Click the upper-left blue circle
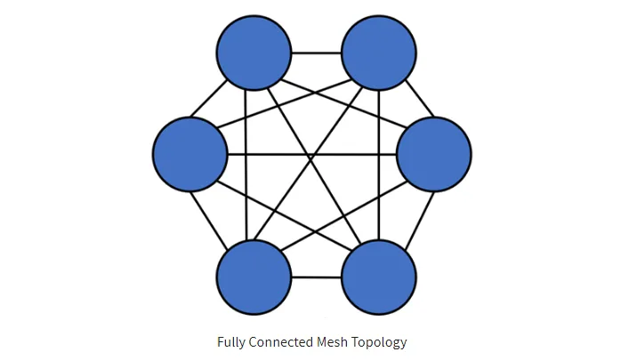click(254, 52)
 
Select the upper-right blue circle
click(379, 52)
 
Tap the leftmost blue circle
click(190, 154)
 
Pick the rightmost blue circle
click(434, 154)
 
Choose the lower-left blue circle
click(254, 276)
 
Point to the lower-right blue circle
click(379, 276)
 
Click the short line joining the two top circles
click(317, 52)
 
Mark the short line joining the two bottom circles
click(317, 276)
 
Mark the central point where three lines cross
click(310, 159)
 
